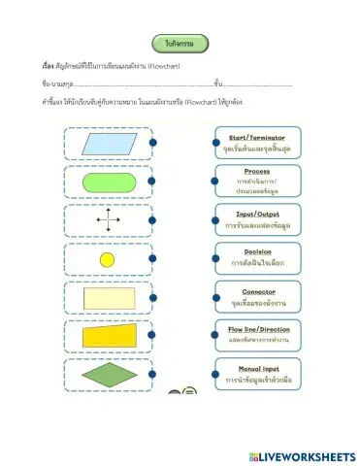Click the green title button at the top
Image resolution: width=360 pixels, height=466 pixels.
180,43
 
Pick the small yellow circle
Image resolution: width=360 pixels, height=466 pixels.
108,259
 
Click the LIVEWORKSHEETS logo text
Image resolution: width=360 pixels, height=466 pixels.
303,455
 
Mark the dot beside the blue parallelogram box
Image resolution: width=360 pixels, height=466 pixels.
153,143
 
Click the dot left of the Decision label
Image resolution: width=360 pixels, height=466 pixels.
207,258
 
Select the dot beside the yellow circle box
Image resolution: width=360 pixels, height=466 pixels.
153,259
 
